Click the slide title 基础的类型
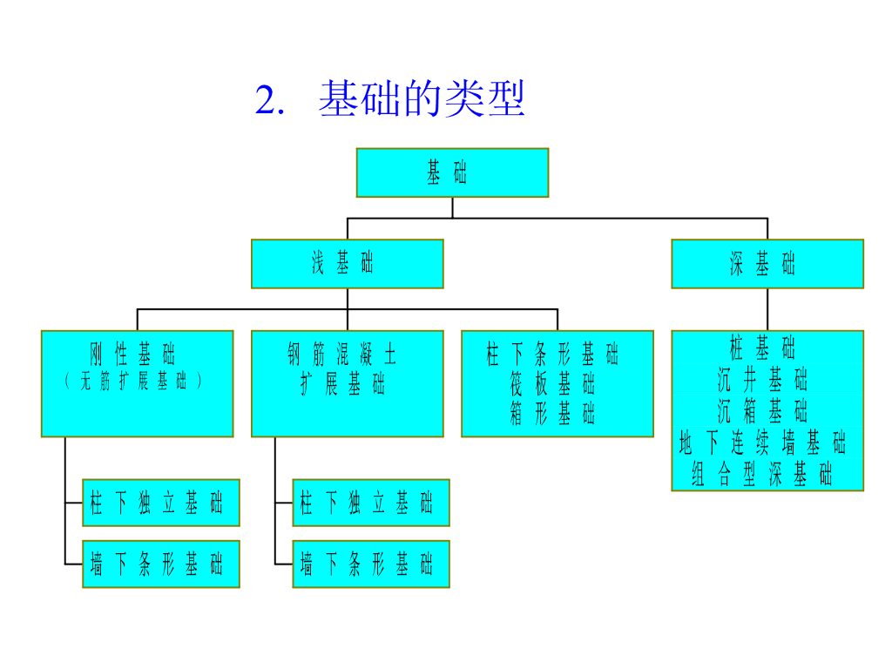coord(422,100)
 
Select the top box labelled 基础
coord(452,172)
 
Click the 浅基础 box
coord(347,263)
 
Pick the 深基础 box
coord(767,263)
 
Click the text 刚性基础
coord(137,355)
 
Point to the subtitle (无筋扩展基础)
coord(137,381)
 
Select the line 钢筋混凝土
coord(347,355)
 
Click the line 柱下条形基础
coord(557,355)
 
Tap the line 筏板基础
coord(557,383)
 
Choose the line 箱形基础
coord(557,413)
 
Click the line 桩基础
coord(767,348)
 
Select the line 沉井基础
coord(767,380)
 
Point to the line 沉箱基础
coord(767,410)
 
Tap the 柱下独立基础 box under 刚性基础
coord(161,503)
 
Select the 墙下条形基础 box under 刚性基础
coord(161,564)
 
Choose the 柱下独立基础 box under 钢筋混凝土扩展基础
coord(371,503)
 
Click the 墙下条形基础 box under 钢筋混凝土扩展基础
coord(371,564)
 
